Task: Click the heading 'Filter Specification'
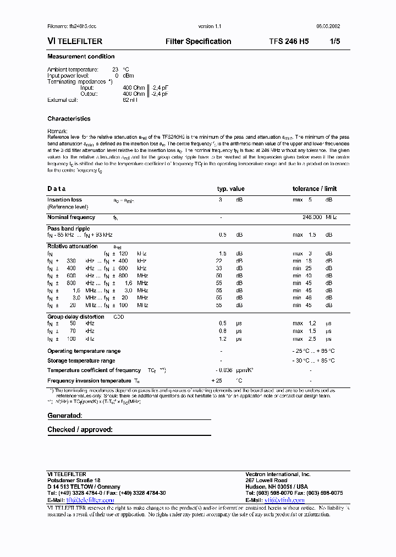point(198,41)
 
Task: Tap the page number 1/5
point(334,41)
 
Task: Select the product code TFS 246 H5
point(289,41)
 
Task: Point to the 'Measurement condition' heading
point(81,57)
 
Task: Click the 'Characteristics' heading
point(69,119)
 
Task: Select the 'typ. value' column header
point(230,189)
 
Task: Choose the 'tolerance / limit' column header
point(315,189)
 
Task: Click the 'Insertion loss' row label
point(64,200)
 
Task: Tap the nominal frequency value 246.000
point(312,217)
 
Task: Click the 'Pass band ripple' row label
point(68,228)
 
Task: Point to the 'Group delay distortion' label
point(75,317)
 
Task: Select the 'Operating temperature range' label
point(84,351)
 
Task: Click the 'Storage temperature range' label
point(81,361)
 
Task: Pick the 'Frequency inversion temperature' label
point(90,381)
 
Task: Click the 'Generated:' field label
point(64,416)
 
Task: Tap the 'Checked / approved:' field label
point(80,429)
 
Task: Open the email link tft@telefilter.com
point(90,500)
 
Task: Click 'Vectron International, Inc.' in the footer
point(278,474)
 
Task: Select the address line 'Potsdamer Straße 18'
point(74,480)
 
